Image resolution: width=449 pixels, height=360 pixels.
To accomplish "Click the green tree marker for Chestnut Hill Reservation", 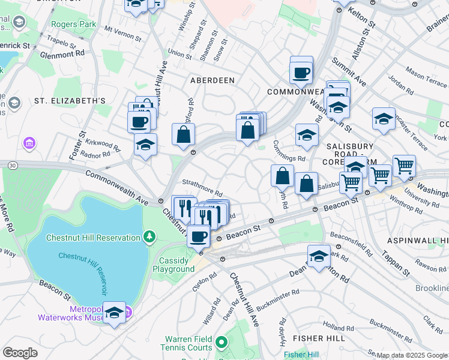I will click(x=148, y=238).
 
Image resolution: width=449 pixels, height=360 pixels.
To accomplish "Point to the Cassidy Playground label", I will click(x=176, y=265).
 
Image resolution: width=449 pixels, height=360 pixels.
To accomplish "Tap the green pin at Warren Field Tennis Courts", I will click(x=221, y=343).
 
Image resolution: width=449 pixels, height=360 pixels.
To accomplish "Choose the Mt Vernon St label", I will click(x=123, y=33).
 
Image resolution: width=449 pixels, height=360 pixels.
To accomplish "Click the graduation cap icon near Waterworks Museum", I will click(x=114, y=313).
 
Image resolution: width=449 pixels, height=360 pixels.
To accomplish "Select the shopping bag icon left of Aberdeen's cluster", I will click(x=183, y=134).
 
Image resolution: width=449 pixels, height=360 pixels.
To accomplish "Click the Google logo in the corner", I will click(x=20, y=352).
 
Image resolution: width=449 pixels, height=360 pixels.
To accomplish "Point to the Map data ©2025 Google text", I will click(x=412, y=355).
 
